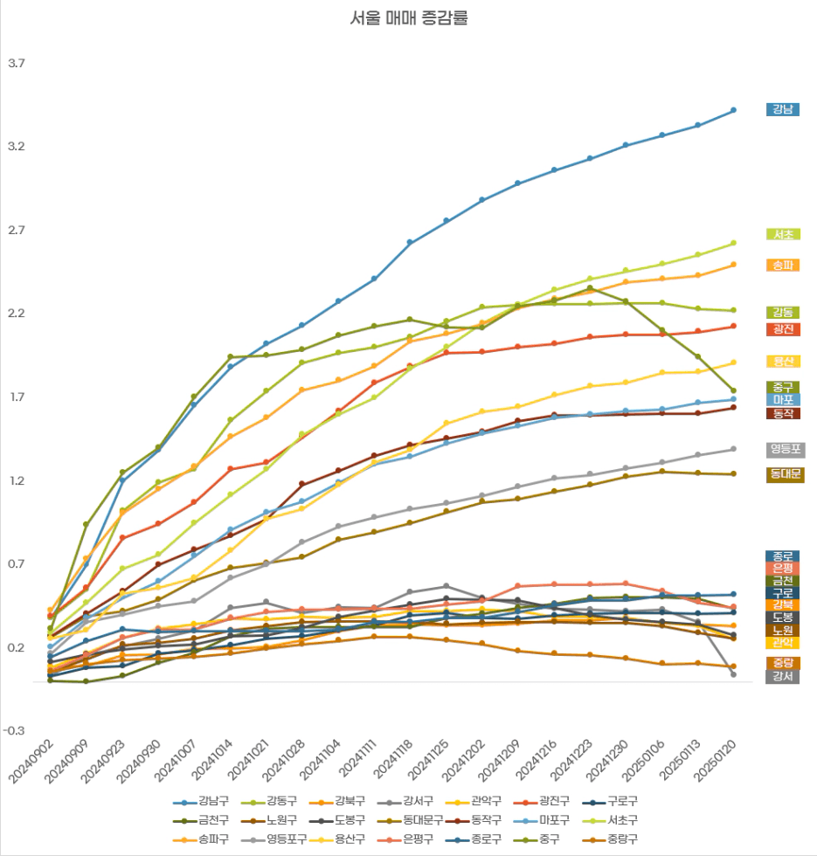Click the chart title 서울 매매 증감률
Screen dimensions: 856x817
point(409,18)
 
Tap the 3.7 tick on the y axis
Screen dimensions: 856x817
point(17,64)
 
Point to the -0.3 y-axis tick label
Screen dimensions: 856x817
point(17,731)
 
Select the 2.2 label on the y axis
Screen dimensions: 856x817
point(17,314)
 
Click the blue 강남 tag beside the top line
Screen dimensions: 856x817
point(782,109)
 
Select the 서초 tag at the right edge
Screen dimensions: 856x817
point(782,234)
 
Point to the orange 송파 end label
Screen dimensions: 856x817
point(782,265)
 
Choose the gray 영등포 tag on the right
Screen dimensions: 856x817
point(785,450)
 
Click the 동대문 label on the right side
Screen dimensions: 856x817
point(785,475)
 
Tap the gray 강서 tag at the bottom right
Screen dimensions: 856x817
point(782,676)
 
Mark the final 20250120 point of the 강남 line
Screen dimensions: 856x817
point(733,110)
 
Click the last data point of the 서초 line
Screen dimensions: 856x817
point(733,243)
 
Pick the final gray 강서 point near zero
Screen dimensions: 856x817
point(733,674)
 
